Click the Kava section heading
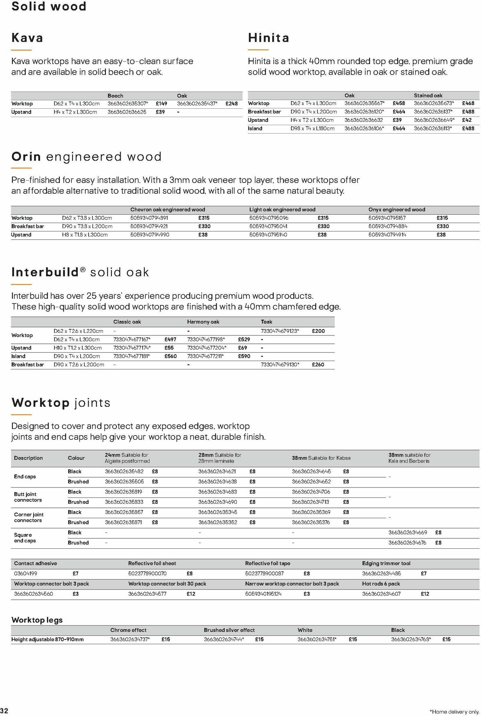[27, 38]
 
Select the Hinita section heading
[269, 38]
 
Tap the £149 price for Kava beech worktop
[162, 103]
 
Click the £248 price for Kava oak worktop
[231, 103]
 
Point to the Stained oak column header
[428, 95]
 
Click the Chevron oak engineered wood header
[168, 209]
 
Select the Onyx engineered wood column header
[396, 209]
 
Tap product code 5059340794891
[149, 218]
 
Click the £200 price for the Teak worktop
[318, 331]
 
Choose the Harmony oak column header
[203, 322]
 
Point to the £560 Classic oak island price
[170, 356]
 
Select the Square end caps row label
[25, 538]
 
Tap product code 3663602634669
[408, 532]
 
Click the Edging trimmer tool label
[386, 563]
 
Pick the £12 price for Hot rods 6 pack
[425, 594]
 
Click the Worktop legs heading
[37, 620]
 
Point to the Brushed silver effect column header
[229, 630]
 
